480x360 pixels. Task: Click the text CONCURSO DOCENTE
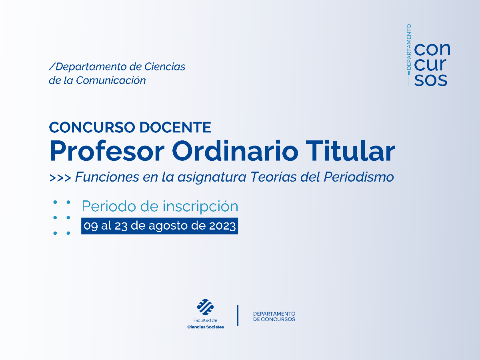tap(130, 127)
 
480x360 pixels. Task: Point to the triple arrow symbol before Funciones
tap(60, 178)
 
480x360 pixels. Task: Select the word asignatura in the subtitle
tap(212, 177)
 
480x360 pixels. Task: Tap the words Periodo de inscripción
tap(160, 206)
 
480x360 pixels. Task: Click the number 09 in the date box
tap(91, 226)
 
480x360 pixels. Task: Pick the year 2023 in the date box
tap(222, 226)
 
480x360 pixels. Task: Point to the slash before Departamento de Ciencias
tap(52, 66)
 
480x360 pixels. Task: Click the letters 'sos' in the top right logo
tap(431, 80)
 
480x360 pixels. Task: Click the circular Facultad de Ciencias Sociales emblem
tap(206, 307)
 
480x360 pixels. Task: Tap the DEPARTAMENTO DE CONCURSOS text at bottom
tap(274, 316)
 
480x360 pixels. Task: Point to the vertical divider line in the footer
tap(238, 315)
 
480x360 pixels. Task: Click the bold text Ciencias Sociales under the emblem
tap(206, 327)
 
